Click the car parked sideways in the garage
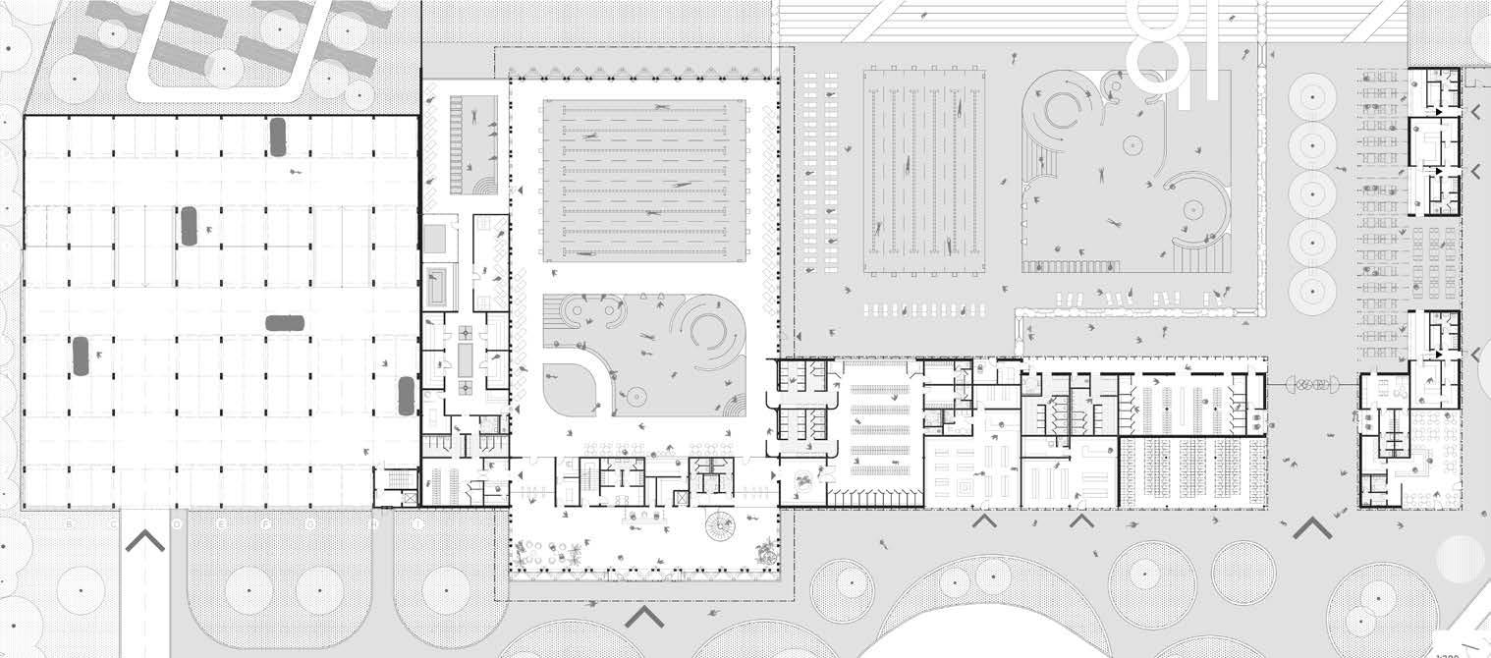(285, 322)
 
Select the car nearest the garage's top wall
(278, 137)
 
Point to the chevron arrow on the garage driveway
(144, 539)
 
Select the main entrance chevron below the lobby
(644, 616)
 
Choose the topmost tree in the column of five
(1313, 97)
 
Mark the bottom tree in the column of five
(1313, 290)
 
